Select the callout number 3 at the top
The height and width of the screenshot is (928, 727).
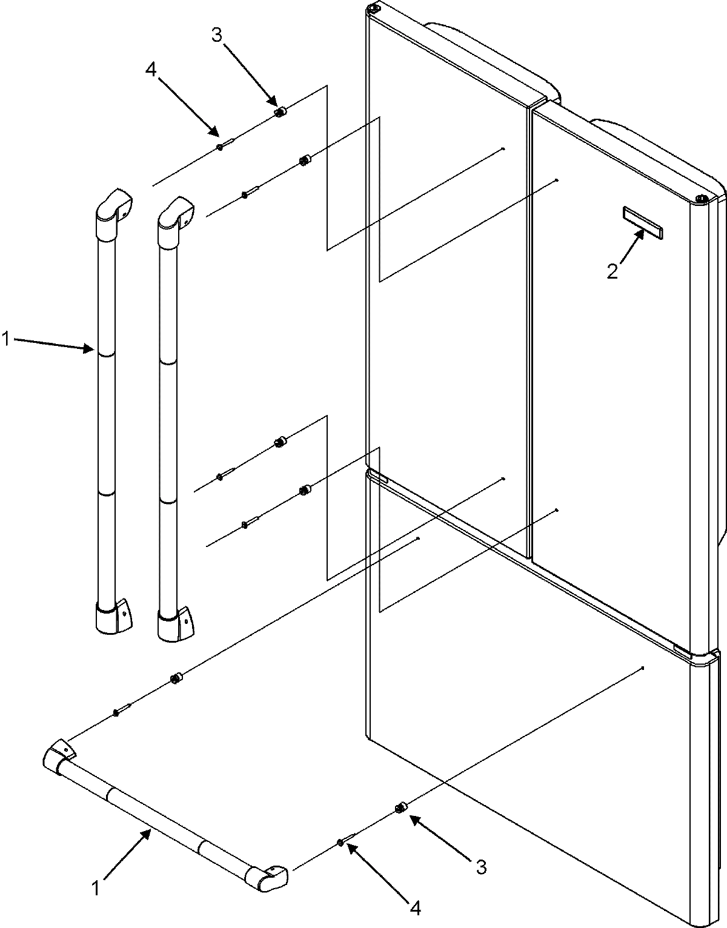(217, 35)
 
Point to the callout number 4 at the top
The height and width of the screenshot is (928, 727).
(151, 70)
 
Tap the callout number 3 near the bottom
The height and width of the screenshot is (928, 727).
(480, 867)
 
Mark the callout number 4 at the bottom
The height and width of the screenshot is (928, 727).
(415, 907)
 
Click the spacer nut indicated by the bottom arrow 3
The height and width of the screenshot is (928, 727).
(400, 808)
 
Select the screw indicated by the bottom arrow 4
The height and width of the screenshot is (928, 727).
(343, 842)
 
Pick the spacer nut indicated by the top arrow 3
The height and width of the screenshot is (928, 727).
(281, 112)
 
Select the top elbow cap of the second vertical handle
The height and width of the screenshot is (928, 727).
(176, 213)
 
